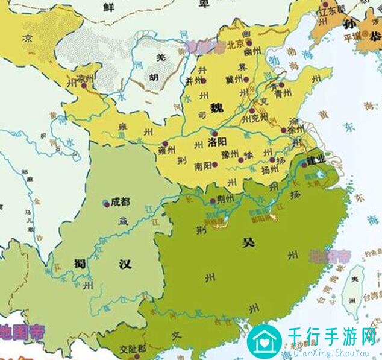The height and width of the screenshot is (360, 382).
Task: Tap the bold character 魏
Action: pos(216,108)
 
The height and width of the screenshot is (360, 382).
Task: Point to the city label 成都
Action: pos(121,201)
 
